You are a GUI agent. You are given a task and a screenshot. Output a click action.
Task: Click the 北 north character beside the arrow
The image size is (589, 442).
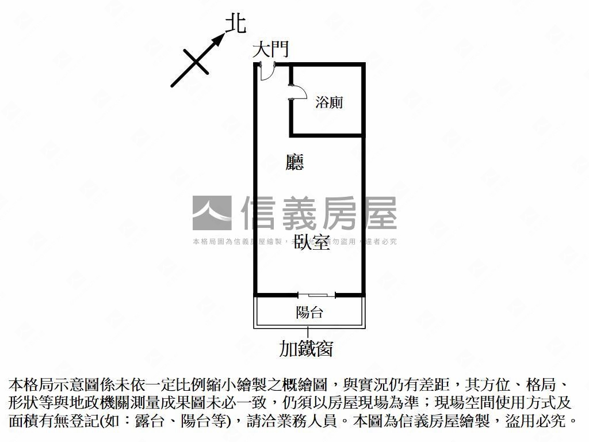pyautogui.click(x=235, y=24)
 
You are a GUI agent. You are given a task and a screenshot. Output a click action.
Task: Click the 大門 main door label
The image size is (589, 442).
pyautogui.click(x=270, y=49)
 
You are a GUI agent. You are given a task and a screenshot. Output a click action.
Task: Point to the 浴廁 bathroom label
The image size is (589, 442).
pyautogui.click(x=329, y=103)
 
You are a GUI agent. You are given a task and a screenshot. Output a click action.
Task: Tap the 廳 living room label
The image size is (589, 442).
pyautogui.click(x=294, y=163)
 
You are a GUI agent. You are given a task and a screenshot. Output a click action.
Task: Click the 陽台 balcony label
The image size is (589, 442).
pyautogui.click(x=309, y=313)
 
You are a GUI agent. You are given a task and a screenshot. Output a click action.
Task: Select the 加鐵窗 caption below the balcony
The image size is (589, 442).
pyautogui.click(x=306, y=348)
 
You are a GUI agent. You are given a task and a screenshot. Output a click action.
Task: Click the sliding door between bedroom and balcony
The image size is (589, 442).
pyautogui.click(x=316, y=295)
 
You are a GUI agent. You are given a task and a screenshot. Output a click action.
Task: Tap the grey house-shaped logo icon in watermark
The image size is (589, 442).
pyautogui.click(x=212, y=213)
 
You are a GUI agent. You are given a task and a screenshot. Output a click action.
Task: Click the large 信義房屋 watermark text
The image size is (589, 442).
pyautogui.click(x=319, y=213)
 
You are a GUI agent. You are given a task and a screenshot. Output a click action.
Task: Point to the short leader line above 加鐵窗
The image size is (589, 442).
pyautogui.click(x=309, y=333)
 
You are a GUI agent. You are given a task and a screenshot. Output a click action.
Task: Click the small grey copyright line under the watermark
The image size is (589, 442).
pyautogui.click(x=294, y=242)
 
